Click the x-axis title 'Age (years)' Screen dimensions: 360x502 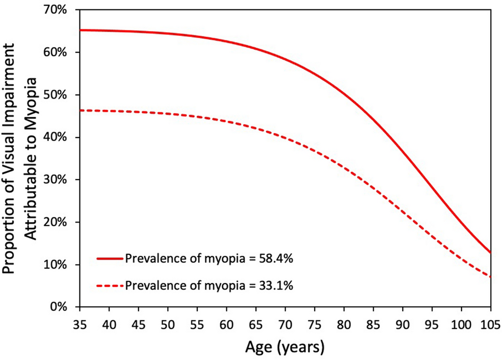click(x=285, y=346)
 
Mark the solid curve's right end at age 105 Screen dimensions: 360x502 click(x=490, y=253)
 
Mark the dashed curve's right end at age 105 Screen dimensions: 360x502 click(x=490, y=277)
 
